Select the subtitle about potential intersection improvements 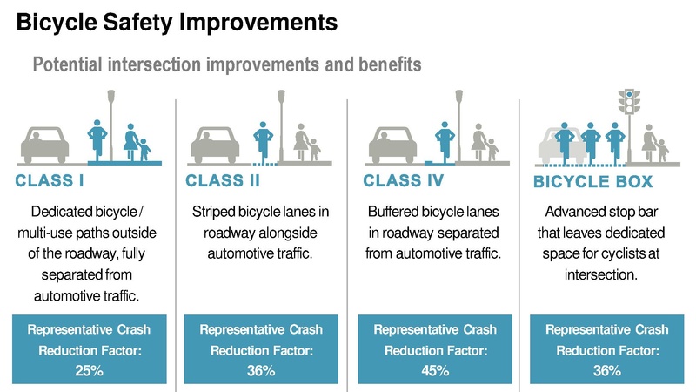tap(226, 64)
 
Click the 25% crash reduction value tap(88, 370)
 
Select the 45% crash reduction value tap(434, 370)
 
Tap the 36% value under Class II tap(260, 370)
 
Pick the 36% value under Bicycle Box tap(606, 370)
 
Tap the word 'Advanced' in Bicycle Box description tap(572, 212)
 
